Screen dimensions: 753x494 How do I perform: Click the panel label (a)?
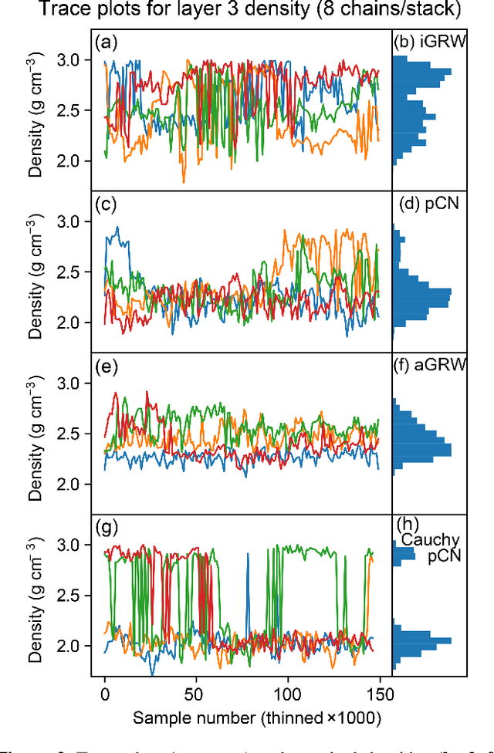click(104, 42)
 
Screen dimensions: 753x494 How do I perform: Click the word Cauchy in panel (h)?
click(429, 540)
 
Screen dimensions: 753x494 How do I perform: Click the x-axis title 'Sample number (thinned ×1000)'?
click(257, 718)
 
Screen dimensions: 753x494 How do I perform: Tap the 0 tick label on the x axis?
click(105, 694)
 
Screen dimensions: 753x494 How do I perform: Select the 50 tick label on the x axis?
click(196, 694)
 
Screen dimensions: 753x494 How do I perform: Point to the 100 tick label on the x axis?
click(287, 694)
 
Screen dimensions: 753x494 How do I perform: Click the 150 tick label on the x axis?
click(378, 694)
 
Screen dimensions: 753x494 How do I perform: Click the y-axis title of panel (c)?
click(36, 272)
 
